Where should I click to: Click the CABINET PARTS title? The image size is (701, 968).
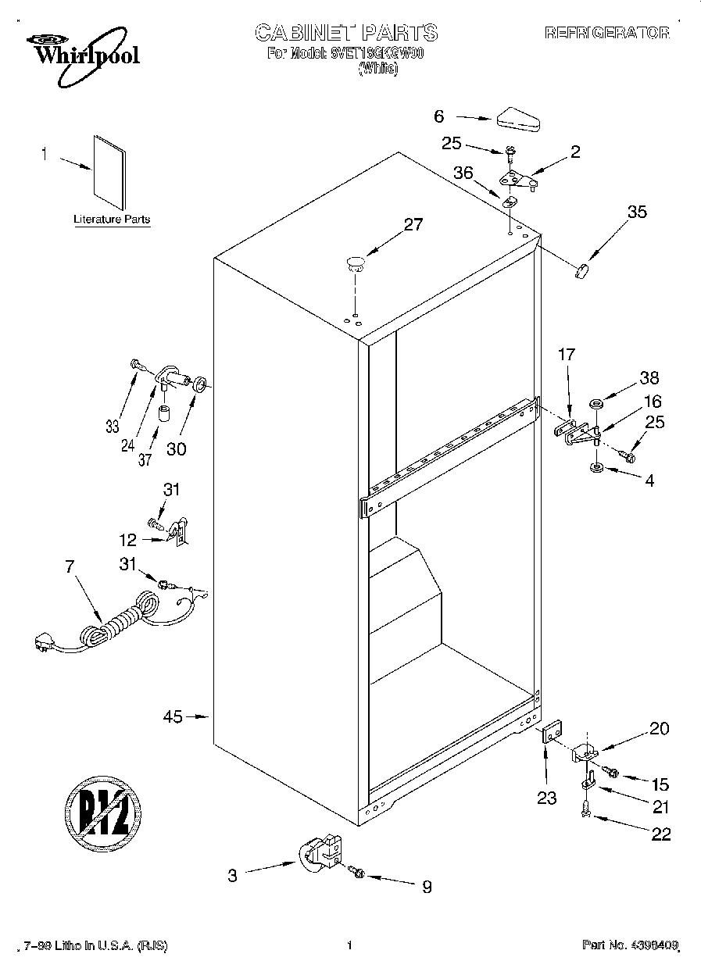tap(346, 32)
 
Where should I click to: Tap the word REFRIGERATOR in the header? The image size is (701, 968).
tap(606, 33)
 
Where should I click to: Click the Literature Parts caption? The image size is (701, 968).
tap(111, 220)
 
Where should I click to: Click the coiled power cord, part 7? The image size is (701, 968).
tap(117, 621)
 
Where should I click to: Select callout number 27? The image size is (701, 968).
tap(413, 225)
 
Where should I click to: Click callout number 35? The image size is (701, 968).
tap(638, 211)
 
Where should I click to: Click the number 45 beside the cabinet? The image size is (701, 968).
tap(173, 716)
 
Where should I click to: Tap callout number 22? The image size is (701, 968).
tap(660, 834)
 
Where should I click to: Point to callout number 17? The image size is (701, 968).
tap(566, 355)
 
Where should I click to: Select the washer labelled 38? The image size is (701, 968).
tap(597, 405)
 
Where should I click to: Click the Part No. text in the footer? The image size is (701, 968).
tap(630, 945)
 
